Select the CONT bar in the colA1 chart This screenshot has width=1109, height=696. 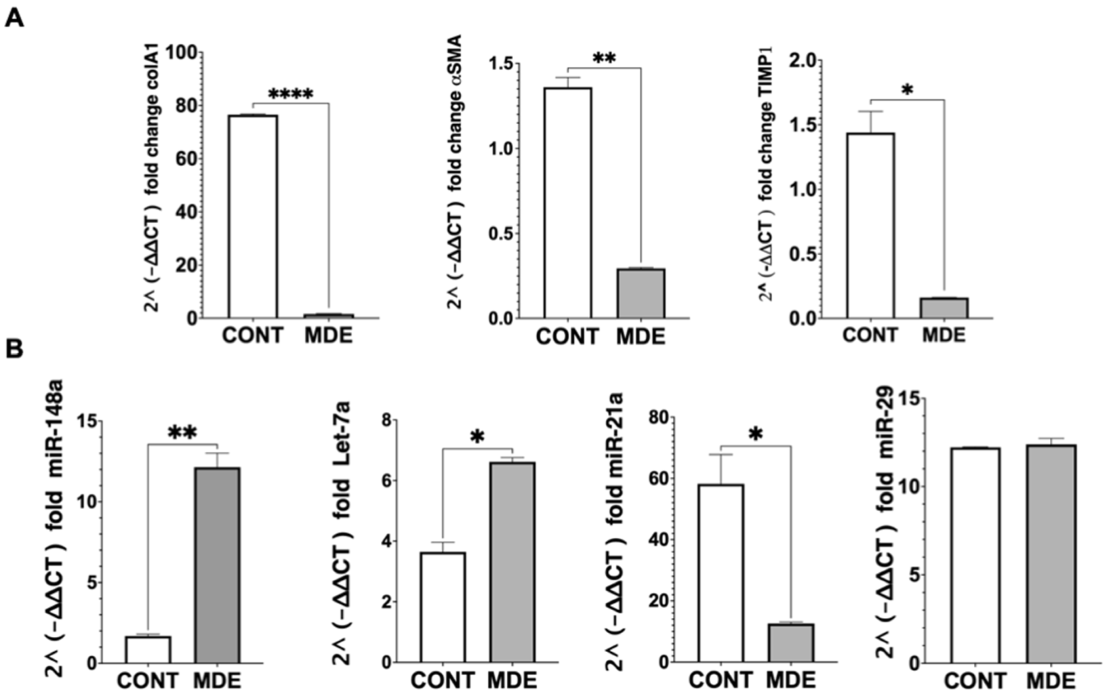pos(253,217)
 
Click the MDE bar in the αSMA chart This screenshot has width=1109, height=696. pos(641,293)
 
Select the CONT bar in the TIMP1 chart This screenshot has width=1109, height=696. pos(870,226)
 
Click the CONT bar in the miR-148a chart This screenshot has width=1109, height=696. pos(148,649)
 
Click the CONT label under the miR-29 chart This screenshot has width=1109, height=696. pos(975,681)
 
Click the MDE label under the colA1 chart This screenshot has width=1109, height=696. pos(328,336)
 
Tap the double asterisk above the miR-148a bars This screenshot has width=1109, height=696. pos(182,433)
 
